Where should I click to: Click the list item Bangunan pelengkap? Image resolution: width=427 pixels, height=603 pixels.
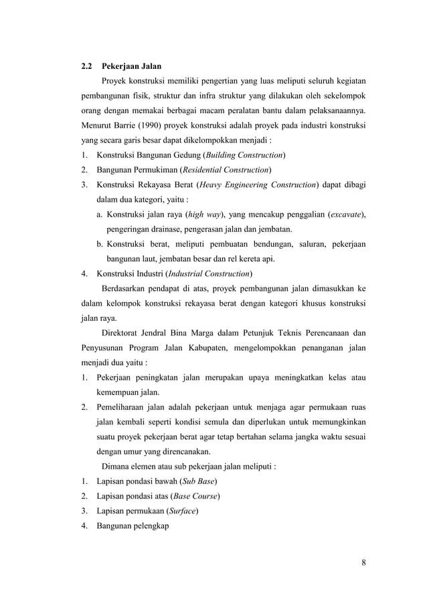(x=133, y=525)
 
